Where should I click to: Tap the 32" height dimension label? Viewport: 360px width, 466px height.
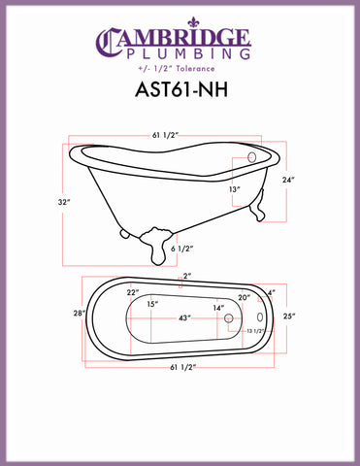pos(60,203)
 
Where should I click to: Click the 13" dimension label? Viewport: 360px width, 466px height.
pos(235,191)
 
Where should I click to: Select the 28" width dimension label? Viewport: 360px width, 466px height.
pos(79,315)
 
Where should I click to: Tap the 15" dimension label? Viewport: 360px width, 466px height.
pos(153,305)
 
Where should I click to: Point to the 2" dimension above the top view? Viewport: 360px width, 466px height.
pos(187,277)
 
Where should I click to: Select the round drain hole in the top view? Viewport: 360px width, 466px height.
pos(229,317)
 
